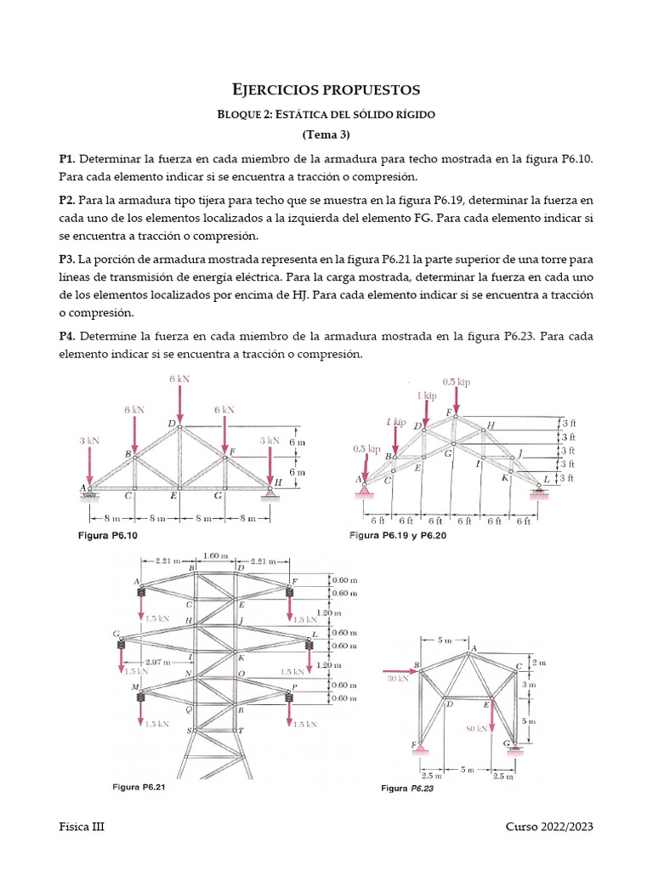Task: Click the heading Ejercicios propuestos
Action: coord(326,89)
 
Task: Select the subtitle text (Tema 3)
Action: coord(326,134)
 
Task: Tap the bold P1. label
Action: coord(67,158)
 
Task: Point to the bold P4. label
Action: coord(67,335)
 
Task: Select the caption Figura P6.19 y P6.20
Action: coord(398,536)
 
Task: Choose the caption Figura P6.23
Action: coord(407,788)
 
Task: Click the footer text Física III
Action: coord(82,827)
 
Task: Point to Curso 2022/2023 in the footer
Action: coord(549,827)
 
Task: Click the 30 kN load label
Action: coord(397,679)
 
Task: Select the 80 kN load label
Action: coord(477,728)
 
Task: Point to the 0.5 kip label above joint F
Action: coord(456,382)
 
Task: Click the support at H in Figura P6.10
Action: coord(270,491)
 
